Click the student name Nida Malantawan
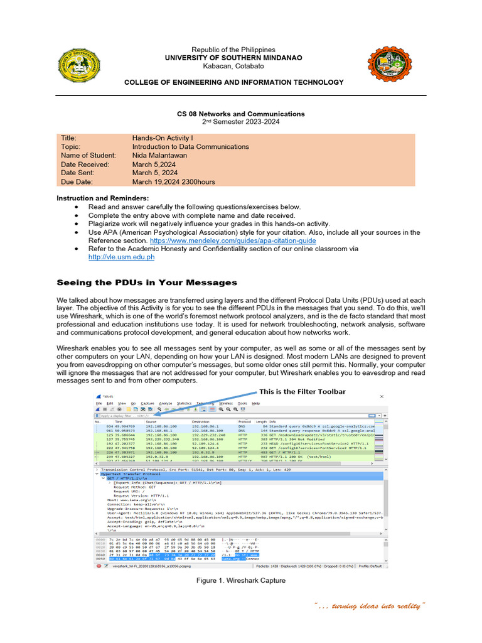(164, 155)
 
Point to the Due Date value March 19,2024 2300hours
(173, 181)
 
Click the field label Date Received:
(85, 164)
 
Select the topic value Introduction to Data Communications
(190, 146)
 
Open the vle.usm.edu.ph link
(121, 257)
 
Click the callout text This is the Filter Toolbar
(303, 391)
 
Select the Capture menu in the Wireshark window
(147, 403)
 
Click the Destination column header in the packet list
(201, 421)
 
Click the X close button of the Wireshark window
(381, 396)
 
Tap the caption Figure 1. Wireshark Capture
(241, 580)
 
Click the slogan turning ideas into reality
(370, 606)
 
